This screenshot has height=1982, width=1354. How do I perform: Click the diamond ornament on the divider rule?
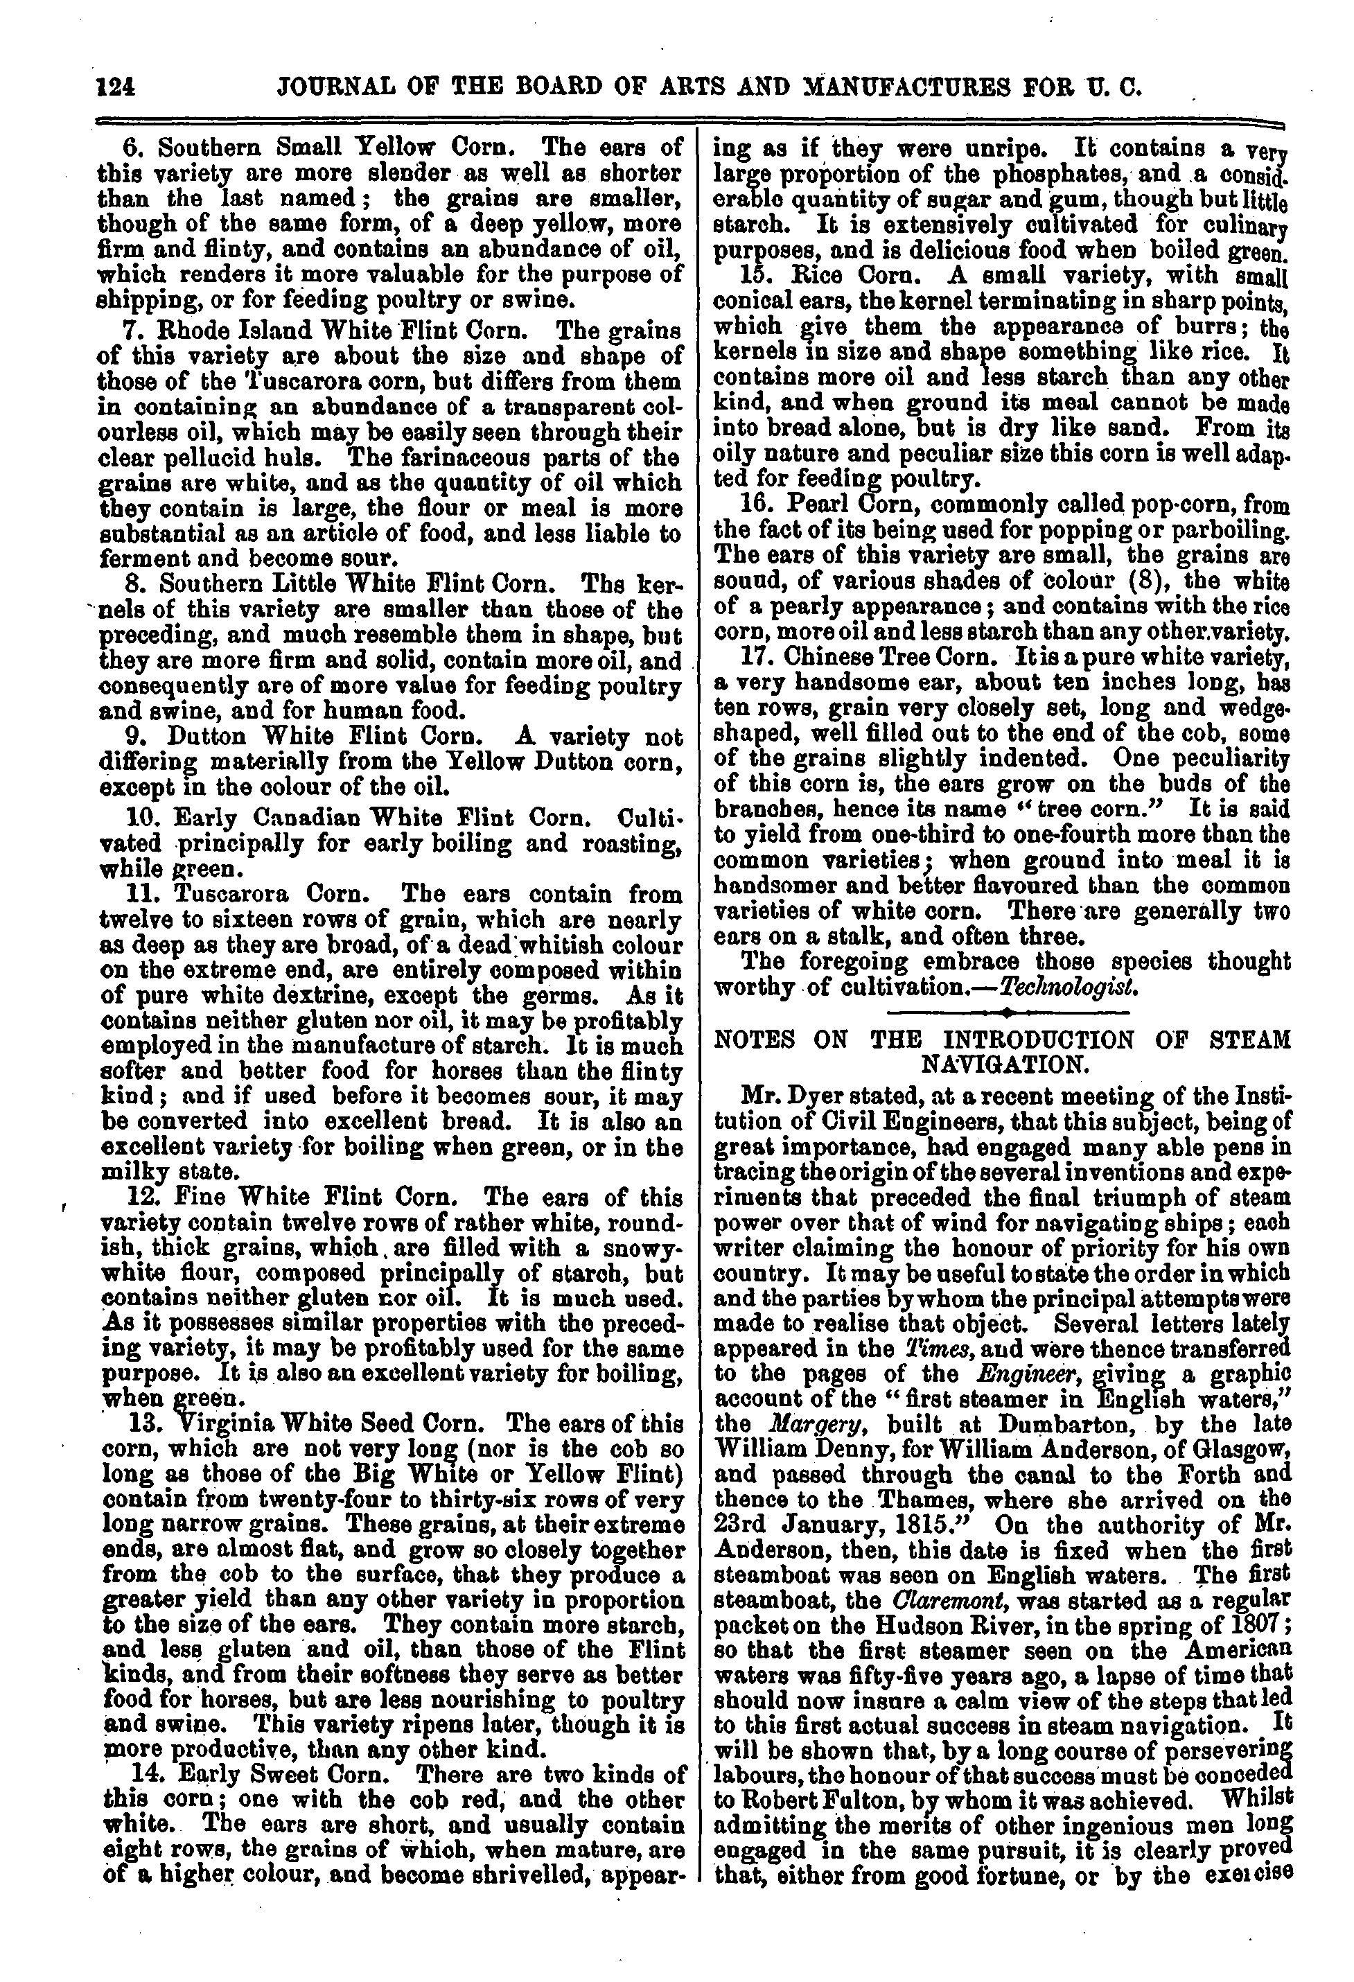pyautogui.click(x=1008, y=1013)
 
